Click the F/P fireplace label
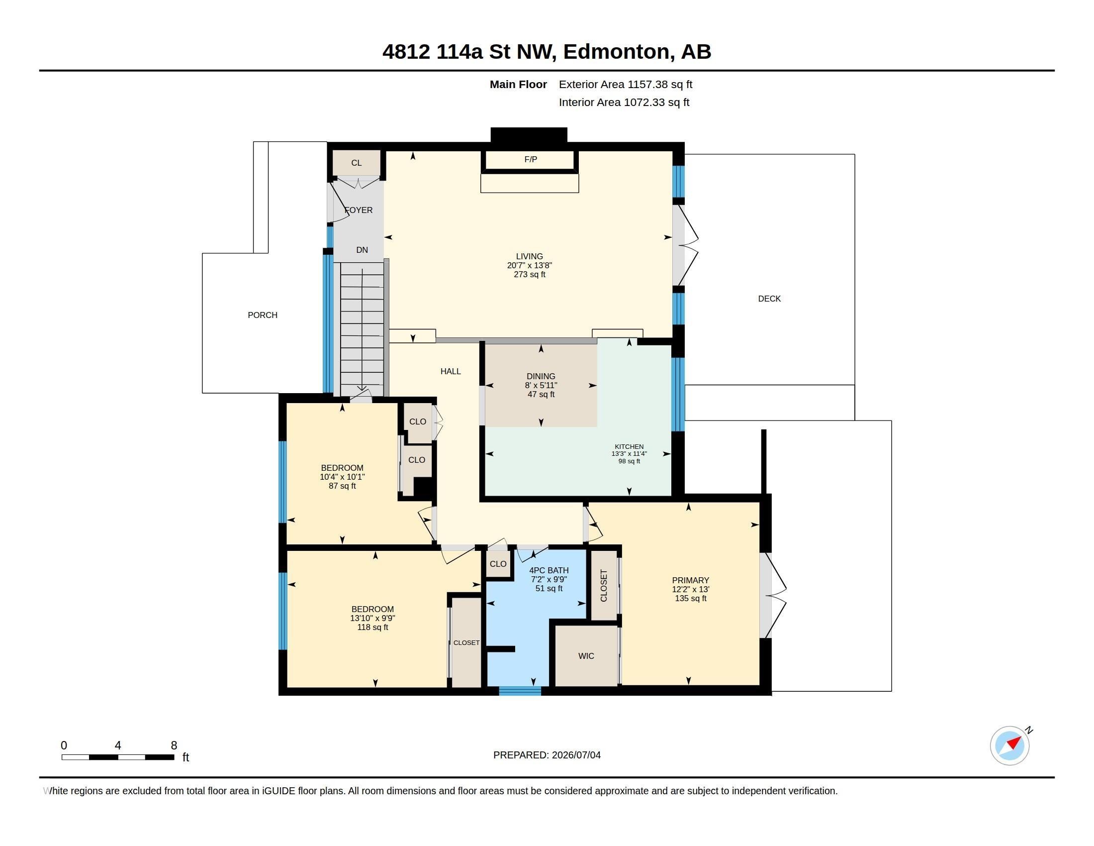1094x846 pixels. pyautogui.click(x=531, y=159)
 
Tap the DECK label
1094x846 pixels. pyautogui.click(x=769, y=299)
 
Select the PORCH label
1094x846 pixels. pyautogui.click(x=263, y=315)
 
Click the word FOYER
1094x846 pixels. pyautogui.click(x=359, y=210)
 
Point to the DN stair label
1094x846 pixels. pyautogui.click(x=362, y=250)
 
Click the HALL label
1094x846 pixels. pyautogui.click(x=451, y=371)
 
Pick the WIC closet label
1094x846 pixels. pyautogui.click(x=586, y=656)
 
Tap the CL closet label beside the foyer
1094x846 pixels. pyautogui.click(x=356, y=163)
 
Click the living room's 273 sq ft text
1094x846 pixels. pyautogui.click(x=530, y=275)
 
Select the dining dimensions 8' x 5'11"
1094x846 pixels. pyautogui.click(x=541, y=385)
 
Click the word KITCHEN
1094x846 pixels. pyautogui.click(x=629, y=446)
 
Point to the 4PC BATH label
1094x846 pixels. pyautogui.click(x=549, y=570)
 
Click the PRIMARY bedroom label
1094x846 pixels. pyautogui.click(x=690, y=580)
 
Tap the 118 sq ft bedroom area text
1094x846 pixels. pyautogui.click(x=372, y=628)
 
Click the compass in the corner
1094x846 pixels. pyautogui.click(x=1010, y=745)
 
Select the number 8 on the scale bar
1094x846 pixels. pyautogui.click(x=174, y=745)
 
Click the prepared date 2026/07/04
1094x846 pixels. pyautogui.click(x=576, y=755)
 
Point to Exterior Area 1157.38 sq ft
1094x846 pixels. pyautogui.click(x=626, y=85)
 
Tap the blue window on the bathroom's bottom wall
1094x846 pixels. pyautogui.click(x=520, y=691)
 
